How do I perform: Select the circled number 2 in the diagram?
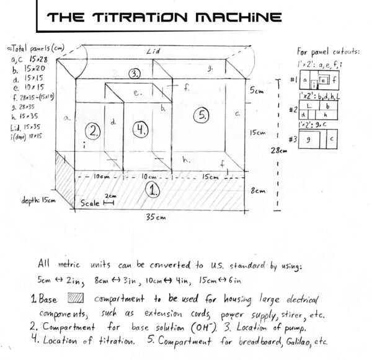94,130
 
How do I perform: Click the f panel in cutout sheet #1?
334,80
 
